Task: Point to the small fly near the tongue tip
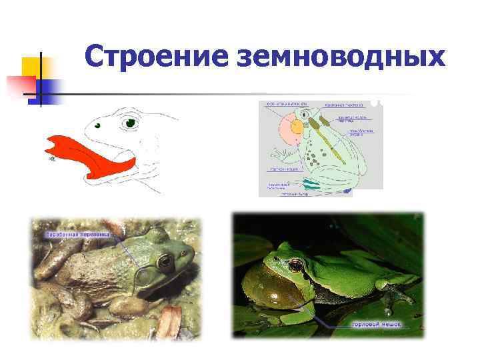coord(50,160)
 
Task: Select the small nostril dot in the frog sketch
coord(97,125)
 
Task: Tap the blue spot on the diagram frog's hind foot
coord(347,191)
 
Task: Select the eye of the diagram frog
coord(305,115)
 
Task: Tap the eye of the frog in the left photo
coord(164,261)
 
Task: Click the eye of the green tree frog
coord(293,266)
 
